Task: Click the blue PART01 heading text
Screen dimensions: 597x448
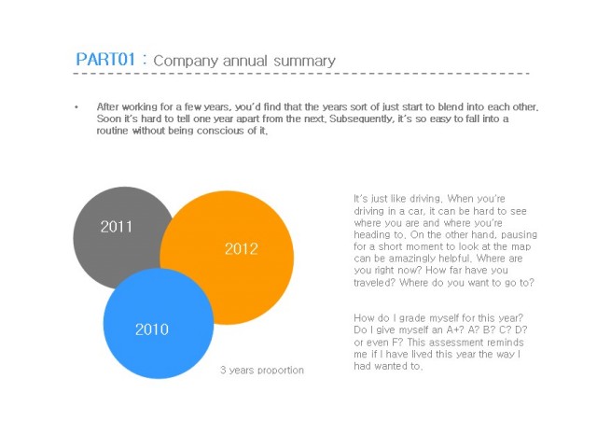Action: coord(105,60)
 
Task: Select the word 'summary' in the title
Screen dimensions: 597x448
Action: coord(304,62)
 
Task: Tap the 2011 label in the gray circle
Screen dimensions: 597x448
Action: coord(116,227)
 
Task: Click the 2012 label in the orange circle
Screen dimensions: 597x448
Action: coord(242,249)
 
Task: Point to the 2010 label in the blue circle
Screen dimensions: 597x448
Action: coord(152,329)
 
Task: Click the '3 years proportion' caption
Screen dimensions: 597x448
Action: coord(262,370)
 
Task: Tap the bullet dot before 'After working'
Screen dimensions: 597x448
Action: coord(76,107)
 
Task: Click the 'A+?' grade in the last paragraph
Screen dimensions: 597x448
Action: coord(457,329)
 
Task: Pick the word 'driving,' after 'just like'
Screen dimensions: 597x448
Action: coord(426,199)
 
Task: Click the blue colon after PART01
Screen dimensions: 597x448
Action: coord(145,60)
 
